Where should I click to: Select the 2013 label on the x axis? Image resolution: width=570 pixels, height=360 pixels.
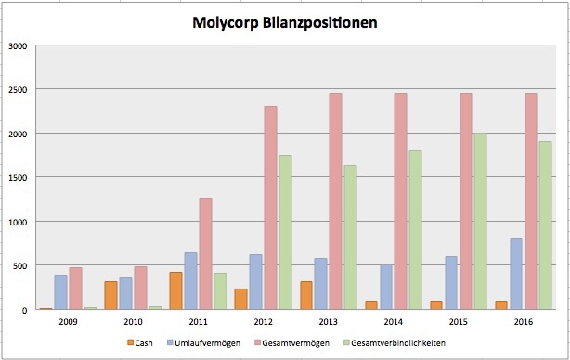point(329,321)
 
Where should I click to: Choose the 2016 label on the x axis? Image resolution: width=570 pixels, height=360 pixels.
point(524,321)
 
